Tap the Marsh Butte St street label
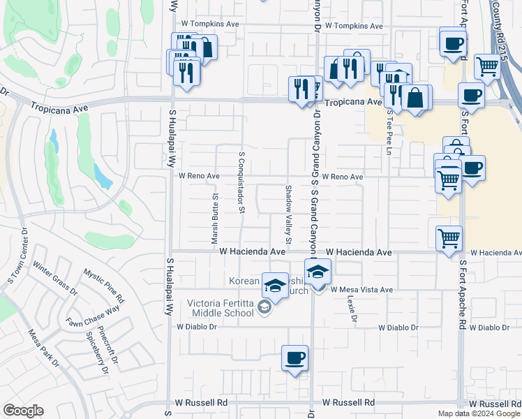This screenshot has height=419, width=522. point(215,219)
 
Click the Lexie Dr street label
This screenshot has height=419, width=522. point(352,308)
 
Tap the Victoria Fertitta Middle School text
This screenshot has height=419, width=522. point(221,307)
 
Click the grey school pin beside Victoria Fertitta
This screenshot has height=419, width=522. point(264,307)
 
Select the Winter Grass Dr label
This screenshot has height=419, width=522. point(55,277)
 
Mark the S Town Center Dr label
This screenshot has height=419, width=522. point(17,258)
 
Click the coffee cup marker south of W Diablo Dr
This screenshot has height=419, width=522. point(294,358)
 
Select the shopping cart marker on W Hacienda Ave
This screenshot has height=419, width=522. point(449,238)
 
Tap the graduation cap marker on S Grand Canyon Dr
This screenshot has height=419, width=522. point(318,271)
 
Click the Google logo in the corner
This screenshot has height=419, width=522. point(23,411)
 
